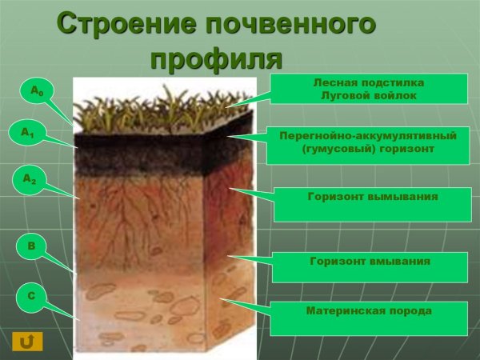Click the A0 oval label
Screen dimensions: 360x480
(36, 92)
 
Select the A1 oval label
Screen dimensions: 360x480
(28, 133)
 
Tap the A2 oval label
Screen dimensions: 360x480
(29, 180)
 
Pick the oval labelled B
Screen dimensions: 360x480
(31, 246)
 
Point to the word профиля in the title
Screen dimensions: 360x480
(216, 58)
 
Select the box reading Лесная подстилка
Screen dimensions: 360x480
(368, 89)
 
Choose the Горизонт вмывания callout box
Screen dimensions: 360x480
(370, 267)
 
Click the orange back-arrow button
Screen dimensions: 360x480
(27, 342)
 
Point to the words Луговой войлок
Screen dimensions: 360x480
(368, 96)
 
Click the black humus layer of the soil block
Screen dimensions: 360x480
(144, 156)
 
